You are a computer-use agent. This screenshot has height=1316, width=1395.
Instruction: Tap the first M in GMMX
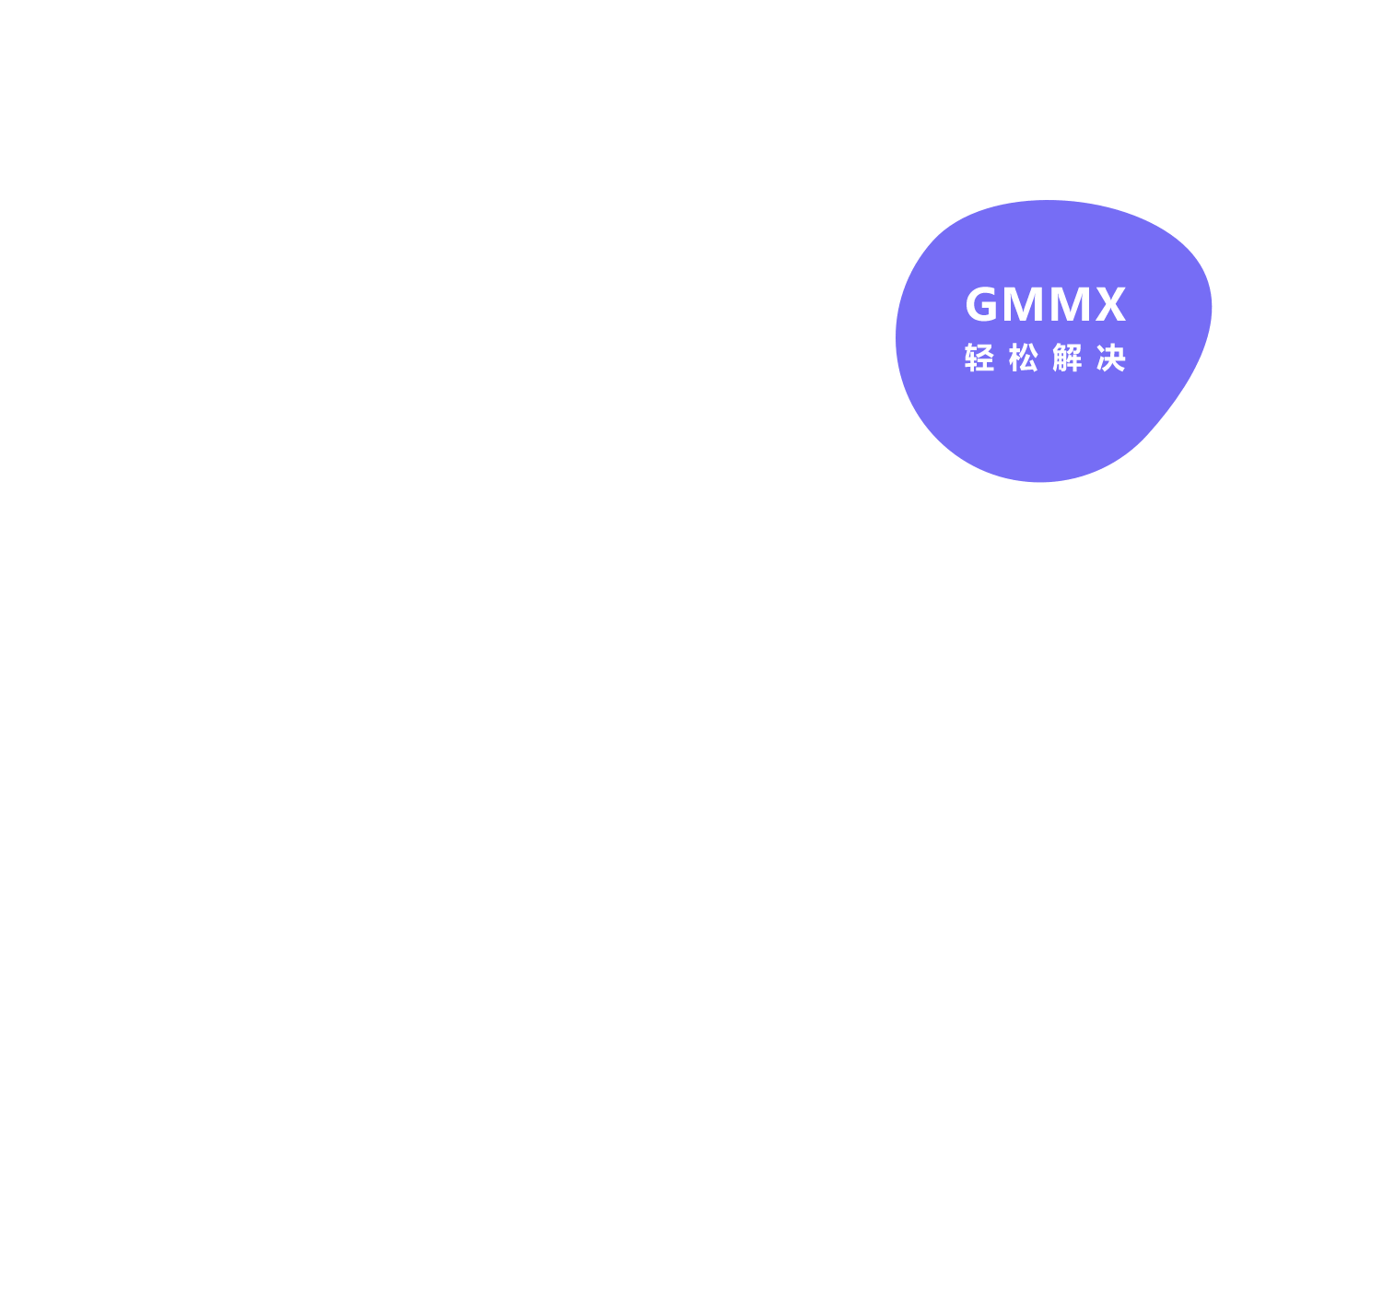click(x=1023, y=303)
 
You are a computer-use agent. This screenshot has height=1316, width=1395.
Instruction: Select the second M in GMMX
click(x=1070, y=303)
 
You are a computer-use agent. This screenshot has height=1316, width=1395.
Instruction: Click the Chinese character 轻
click(x=979, y=358)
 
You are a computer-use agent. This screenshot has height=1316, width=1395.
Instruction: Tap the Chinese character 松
click(x=1024, y=358)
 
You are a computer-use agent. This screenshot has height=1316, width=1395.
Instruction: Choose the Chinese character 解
click(x=1067, y=358)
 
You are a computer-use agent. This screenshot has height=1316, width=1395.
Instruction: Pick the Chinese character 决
click(x=1111, y=358)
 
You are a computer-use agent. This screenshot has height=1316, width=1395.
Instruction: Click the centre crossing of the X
click(x=1111, y=303)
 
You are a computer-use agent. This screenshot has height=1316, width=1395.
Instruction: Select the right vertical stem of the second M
click(x=1085, y=303)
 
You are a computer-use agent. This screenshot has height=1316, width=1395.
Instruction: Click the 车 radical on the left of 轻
click(x=971, y=358)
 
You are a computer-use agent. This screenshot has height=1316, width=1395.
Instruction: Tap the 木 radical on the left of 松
click(x=1014, y=358)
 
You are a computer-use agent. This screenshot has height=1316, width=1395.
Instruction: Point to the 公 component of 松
click(x=1030, y=358)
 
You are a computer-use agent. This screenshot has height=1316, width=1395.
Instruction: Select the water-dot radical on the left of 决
click(x=1101, y=358)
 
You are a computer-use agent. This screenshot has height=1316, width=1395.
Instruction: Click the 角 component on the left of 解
click(x=1059, y=358)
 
